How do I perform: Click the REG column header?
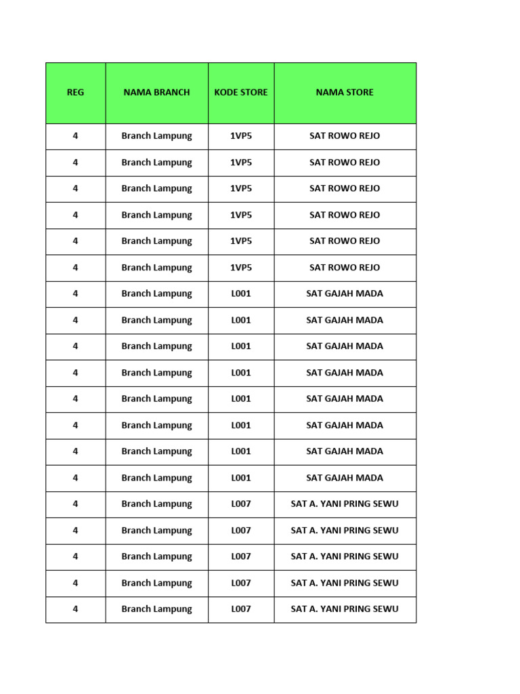[75, 93]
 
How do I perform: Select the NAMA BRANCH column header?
[156, 93]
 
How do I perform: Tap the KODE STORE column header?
[241, 93]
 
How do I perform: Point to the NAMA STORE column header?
[345, 93]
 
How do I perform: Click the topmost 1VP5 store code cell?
[241, 136]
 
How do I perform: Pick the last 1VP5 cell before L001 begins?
[241, 268]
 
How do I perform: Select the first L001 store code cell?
[241, 294]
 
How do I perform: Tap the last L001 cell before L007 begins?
[241, 478]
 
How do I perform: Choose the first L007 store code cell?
[241, 504]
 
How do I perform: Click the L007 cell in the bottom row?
[241, 609]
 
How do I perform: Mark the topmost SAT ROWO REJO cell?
[345, 136]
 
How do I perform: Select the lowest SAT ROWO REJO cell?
[345, 268]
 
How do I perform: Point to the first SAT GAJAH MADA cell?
[345, 294]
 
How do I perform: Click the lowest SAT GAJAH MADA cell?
[345, 478]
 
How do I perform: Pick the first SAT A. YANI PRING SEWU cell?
[345, 504]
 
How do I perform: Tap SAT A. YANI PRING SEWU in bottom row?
[345, 609]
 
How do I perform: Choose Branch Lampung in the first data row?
[156, 136]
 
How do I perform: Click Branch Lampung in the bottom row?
[156, 609]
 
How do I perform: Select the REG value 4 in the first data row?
[75, 136]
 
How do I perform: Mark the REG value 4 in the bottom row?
[75, 609]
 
